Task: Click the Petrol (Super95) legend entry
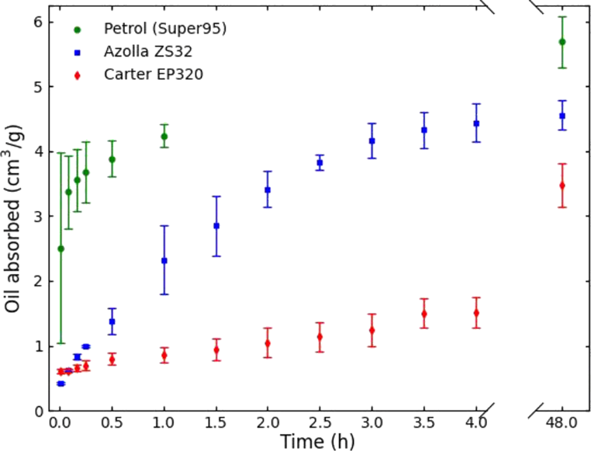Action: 164,29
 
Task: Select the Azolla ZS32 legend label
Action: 148,52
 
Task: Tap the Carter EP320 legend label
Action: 154,75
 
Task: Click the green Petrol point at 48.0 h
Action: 562,42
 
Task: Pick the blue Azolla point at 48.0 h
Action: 562,116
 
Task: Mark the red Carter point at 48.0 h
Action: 562,186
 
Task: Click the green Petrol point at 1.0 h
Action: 164,137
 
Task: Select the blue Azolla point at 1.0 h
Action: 164,261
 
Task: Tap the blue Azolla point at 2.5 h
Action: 320,163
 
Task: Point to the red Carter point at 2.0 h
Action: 268,343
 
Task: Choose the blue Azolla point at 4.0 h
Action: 476,123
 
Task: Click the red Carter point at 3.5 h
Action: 424,314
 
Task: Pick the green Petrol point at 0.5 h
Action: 112,159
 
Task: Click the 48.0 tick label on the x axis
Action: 562,424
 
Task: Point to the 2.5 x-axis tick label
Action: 320,424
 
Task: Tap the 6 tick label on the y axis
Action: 37,22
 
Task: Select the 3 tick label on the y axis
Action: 37,217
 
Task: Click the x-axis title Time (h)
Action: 317,441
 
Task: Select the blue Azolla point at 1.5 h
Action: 216,226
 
